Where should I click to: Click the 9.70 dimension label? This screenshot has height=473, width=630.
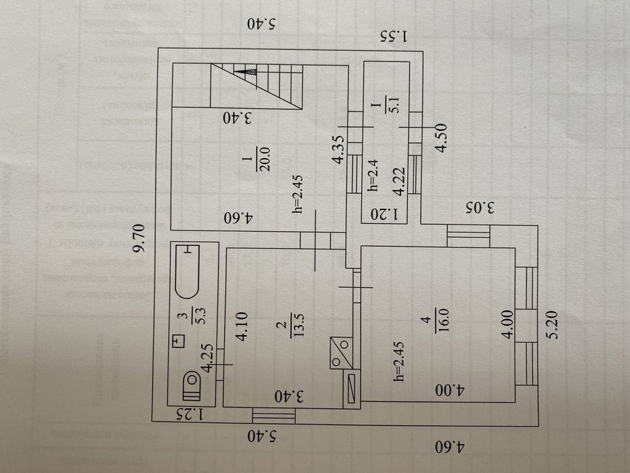click(x=140, y=238)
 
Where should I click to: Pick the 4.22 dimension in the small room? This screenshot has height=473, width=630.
click(x=400, y=181)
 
